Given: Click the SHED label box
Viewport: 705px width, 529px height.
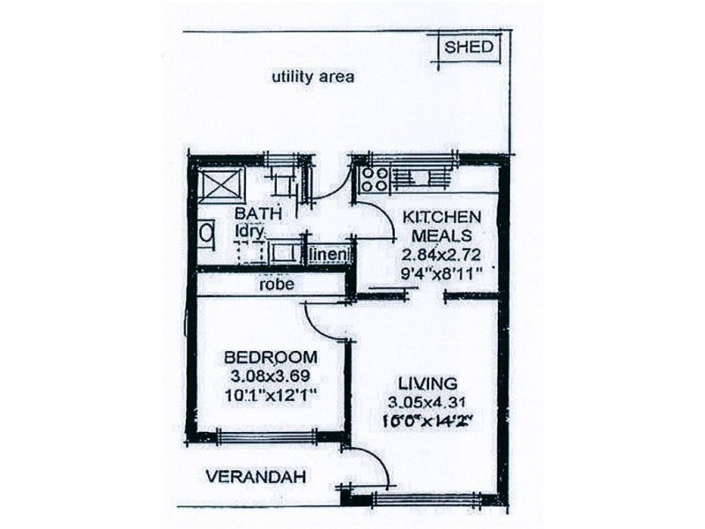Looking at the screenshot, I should tap(469, 48).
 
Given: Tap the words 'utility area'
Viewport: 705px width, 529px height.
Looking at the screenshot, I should tap(313, 77).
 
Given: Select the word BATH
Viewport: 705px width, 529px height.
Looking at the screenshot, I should tap(258, 213).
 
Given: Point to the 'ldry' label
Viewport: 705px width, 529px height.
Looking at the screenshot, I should tap(249, 231).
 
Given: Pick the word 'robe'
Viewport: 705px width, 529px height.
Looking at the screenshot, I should tap(275, 285).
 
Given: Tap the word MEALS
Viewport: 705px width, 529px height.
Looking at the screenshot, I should tap(441, 235).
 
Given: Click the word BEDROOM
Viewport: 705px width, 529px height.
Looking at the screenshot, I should tap(271, 357).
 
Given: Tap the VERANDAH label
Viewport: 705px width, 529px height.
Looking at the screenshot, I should tap(256, 477).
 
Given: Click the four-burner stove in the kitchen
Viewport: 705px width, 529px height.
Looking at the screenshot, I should tap(374, 179).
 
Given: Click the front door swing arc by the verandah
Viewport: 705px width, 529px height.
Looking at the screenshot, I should tap(366, 467).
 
